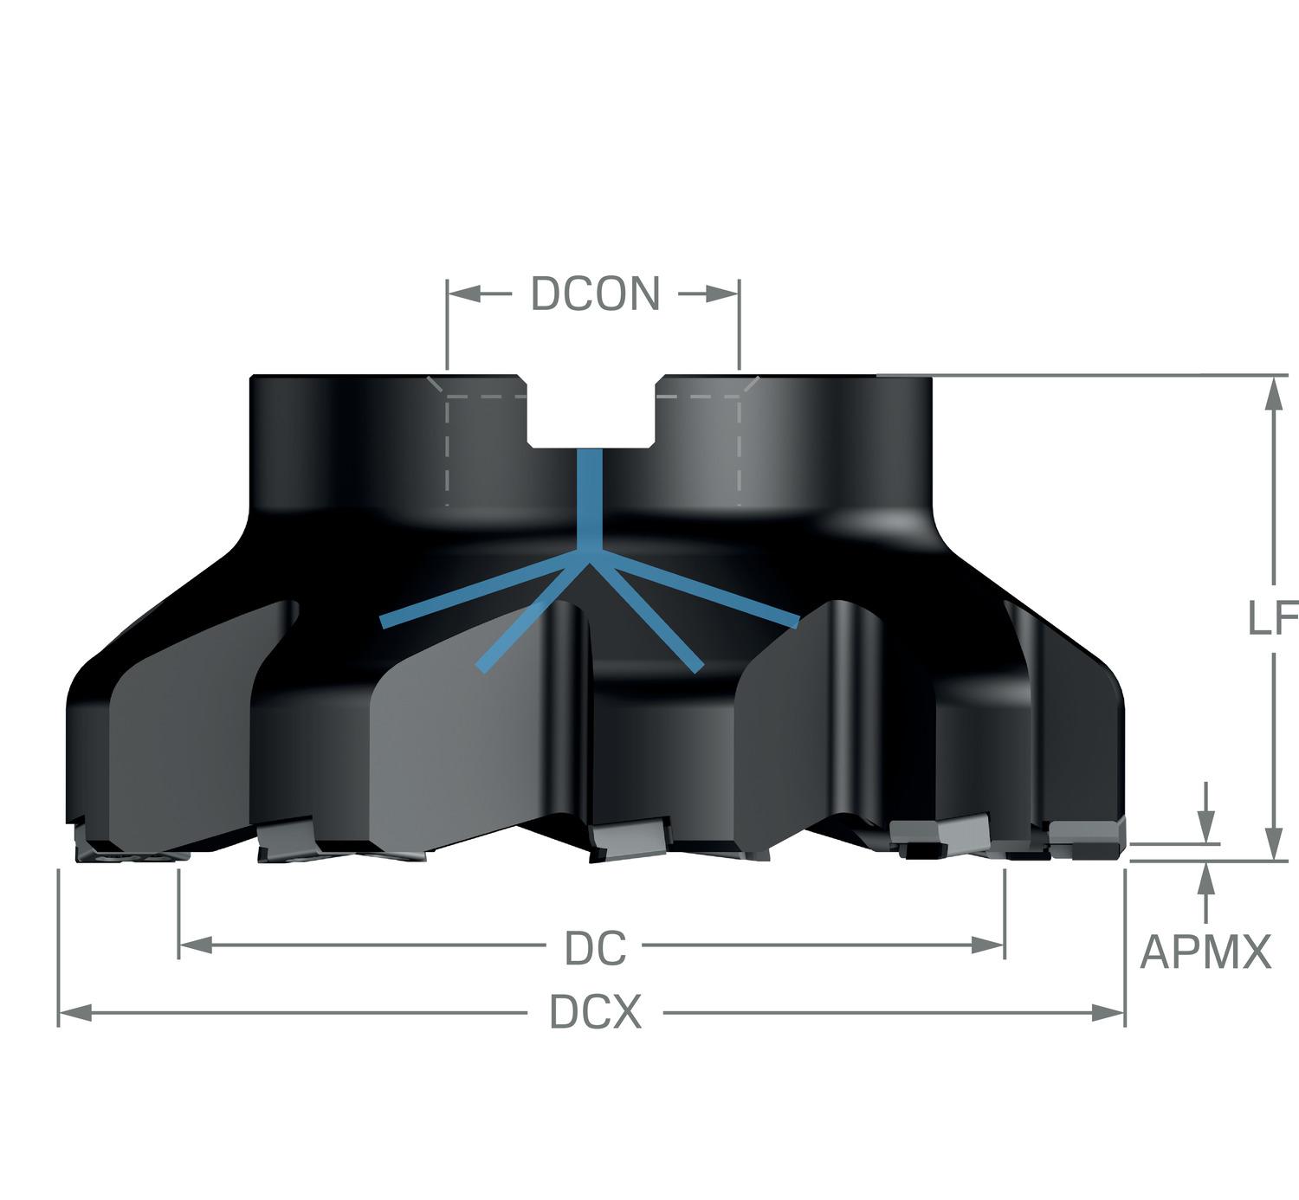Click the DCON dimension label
click(x=595, y=294)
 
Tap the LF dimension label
click(x=1271, y=618)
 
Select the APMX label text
click(x=1205, y=952)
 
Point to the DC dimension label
click(x=595, y=949)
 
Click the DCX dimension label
click(x=596, y=1012)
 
